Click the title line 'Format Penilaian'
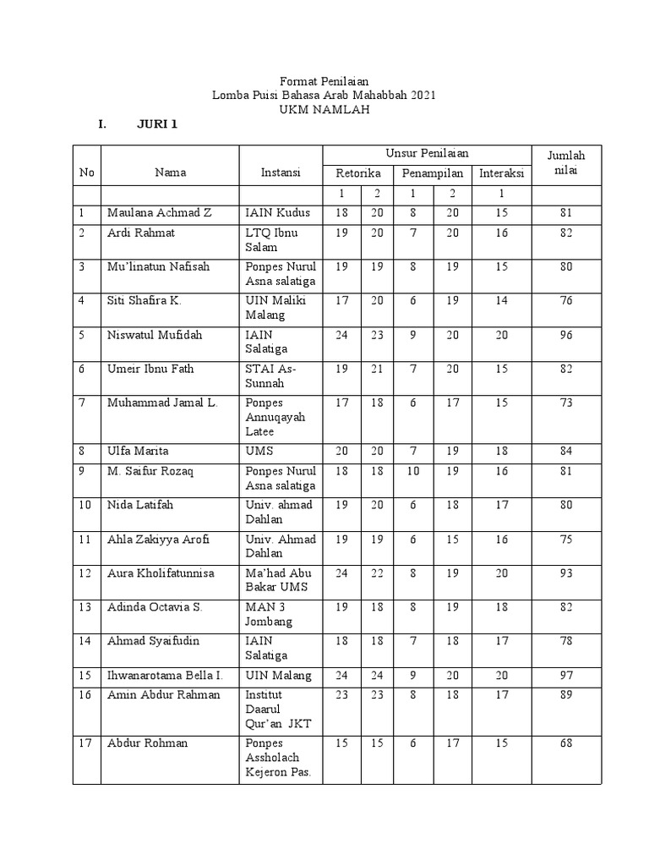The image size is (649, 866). pyautogui.click(x=324, y=80)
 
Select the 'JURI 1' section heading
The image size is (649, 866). pyautogui.click(x=157, y=125)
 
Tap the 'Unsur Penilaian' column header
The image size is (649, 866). pyautogui.click(x=427, y=153)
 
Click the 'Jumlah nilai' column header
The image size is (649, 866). pyautogui.click(x=565, y=164)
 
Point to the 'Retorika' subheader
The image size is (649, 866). pyautogui.click(x=358, y=173)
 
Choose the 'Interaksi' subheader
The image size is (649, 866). pyautogui.click(x=502, y=173)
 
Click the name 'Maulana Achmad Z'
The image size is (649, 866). pyautogui.click(x=159, y=213)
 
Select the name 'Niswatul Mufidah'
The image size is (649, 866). pyautogui.click(x=155, y=335)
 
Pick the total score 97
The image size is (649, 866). pyautogui.click(x=565, y=676)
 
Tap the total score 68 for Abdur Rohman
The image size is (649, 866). pyautogui.click(x=565, y=743)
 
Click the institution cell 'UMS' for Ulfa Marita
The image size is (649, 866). pyautogui.click(x=259, y=452)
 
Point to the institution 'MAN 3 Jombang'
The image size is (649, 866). pyautogui.click(x=269, y=614)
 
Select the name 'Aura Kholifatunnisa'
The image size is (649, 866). pyautogui.click(x=161, y=573)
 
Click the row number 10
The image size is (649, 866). pyautogui.click(x=86, y=505)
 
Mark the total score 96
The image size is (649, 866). pyautogui.click(x=565, y=335)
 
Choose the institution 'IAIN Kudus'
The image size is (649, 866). pyautogui.click(x=278, y=213)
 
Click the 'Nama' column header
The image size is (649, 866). pyautogui.click(x=170, y=173)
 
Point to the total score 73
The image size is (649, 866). pyautogui.click(x=565, y=403)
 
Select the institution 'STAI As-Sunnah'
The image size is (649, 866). pyautogui.click(x=270, y=375)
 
